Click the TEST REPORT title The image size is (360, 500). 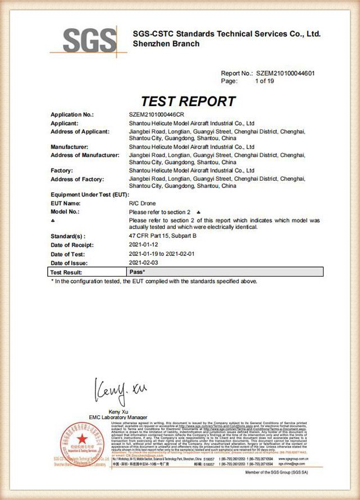pyautogui.click(x=188, y=101)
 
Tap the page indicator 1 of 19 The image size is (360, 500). pyautogui.click(x=264, y=81)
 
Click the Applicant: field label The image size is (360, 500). pyautogui.click(x=64, y=123)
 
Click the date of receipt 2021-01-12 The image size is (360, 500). pyautogui.click(x=144, y=245)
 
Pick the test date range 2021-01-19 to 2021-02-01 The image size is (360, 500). pyautogui.click(x=168, y=254)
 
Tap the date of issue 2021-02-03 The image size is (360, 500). pyautogui.click(x=144, y=262)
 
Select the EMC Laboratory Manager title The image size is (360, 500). pyautogui.click(x=118, y=418)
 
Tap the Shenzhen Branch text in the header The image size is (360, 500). pyautogui.click(x=166, y=43)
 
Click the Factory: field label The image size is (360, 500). pyautogui.click(x=62, y=170)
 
